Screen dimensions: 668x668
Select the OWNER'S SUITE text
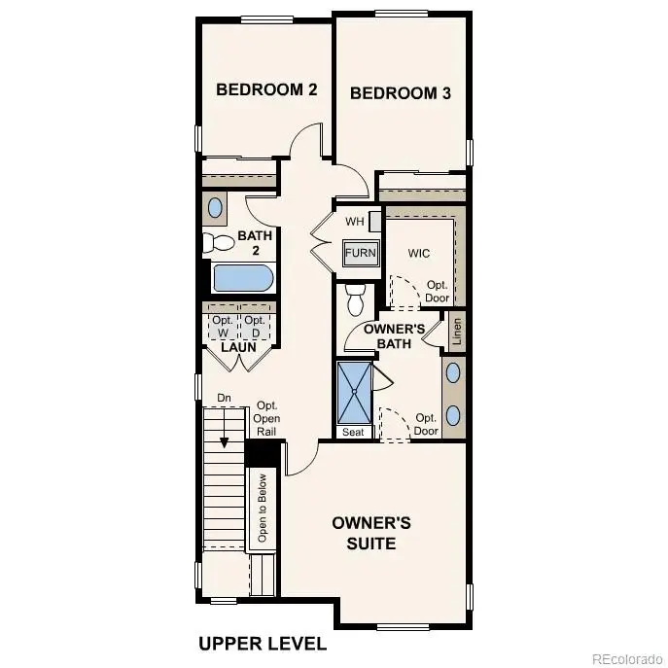[x=371, y=533]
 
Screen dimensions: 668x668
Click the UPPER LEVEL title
[x=263, y=644]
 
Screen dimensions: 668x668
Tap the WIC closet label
[x=418, y=253]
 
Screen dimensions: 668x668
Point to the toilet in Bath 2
[x=213, y=243]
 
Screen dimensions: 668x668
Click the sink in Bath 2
[x=215, y=207]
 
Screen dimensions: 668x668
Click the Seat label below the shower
[x=353, y=431]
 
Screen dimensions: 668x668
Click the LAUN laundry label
[x=238, y=347]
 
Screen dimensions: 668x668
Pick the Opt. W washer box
[x=223, y=326]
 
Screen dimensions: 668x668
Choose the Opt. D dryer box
[x=255, y=326]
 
